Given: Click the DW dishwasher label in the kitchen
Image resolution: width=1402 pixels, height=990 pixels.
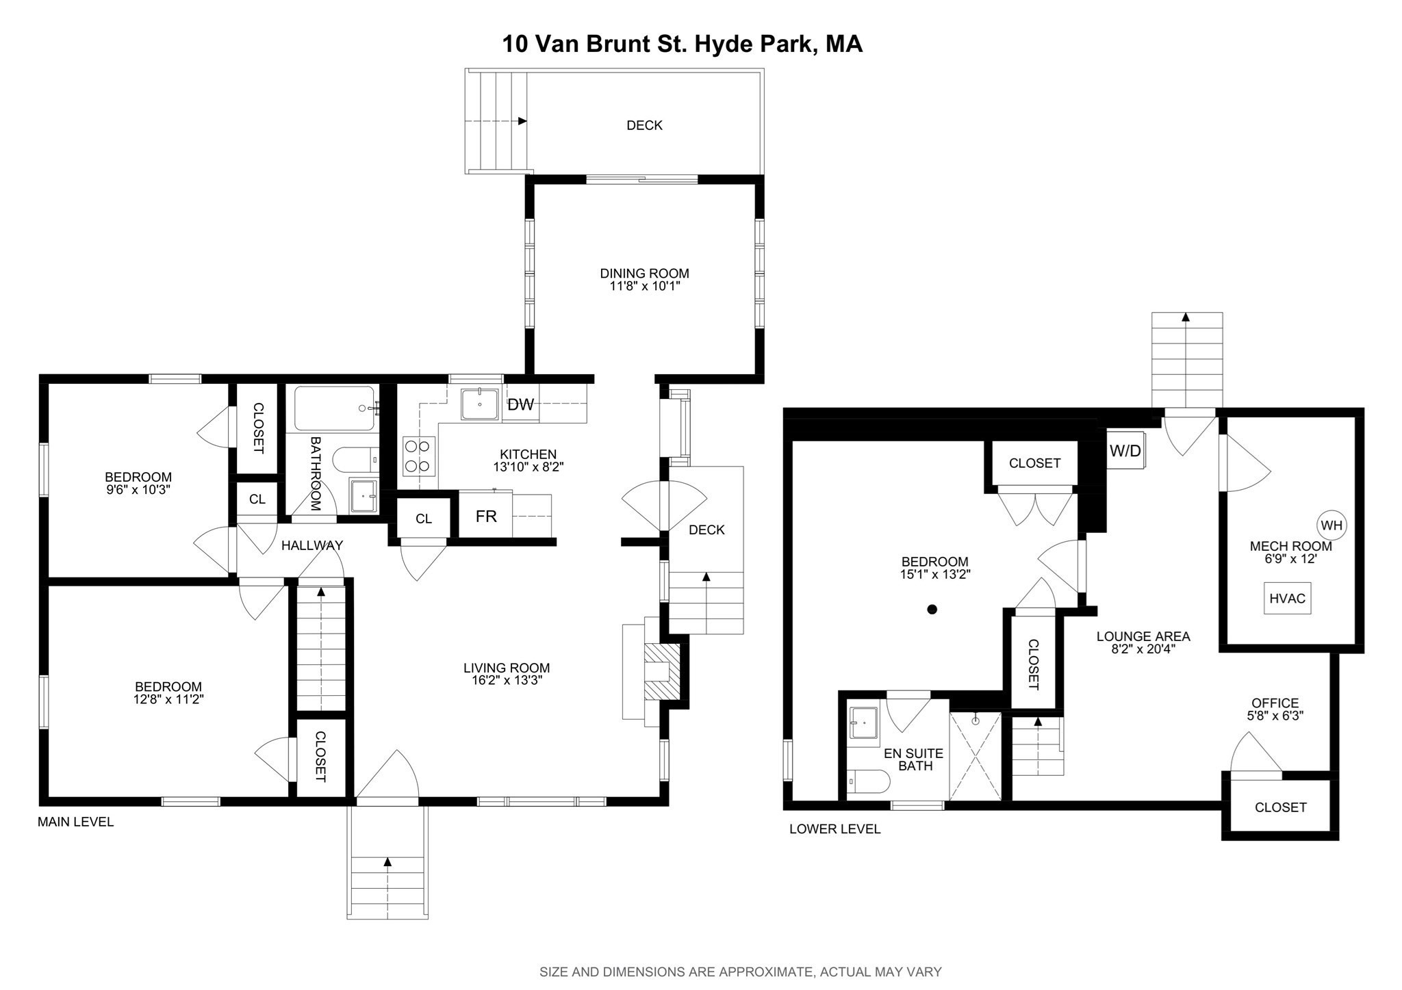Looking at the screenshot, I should (x=520, y=404).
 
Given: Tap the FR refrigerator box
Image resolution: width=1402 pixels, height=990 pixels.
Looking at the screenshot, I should (x=486, y=516).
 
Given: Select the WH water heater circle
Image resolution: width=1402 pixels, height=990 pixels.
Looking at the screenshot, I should (x=1331, y=525).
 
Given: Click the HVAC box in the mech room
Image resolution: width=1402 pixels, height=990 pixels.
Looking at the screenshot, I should (x=1287, y=598).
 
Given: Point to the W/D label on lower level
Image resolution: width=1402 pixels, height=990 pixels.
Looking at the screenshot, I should (x=1125, y=451).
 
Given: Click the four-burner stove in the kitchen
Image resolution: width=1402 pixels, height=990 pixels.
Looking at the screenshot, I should (x=418, y=456).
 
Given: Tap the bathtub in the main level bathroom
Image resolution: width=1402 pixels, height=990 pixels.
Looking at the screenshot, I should (x=335, y=408).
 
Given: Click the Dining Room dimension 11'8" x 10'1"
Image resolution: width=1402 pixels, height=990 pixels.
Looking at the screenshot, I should (x=644, y=286).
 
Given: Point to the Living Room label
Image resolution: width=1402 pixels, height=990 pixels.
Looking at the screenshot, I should (x=506, y=668).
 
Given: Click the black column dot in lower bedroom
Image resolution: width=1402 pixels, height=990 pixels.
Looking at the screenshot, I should (x=932, y=609).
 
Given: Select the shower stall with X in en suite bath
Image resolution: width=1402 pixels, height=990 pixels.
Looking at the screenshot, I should (x=976, y=756).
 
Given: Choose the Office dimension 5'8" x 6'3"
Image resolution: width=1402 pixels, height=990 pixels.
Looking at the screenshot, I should (x=1275, y=716).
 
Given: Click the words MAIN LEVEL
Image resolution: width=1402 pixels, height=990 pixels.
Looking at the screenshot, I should (x=75, y=822).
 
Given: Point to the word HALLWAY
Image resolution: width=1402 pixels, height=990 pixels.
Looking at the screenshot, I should (x=312, y=545).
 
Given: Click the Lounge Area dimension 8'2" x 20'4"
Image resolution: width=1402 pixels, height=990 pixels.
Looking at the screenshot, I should (x=1143, y=649).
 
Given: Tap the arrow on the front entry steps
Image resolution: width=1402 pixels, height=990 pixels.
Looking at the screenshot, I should (x=387, y=862).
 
